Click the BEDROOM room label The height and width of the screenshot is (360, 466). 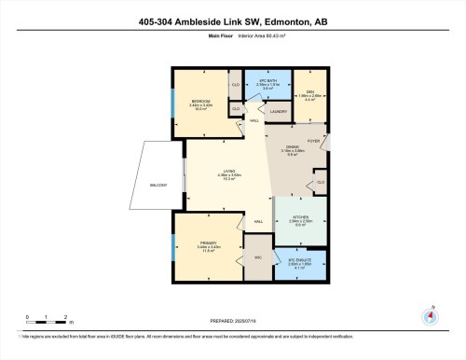[200, 100]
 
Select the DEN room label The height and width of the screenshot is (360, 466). [310, 79]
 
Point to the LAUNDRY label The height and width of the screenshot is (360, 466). [278, 112]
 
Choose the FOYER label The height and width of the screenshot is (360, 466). [314, 143]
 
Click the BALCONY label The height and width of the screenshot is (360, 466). [158, 186]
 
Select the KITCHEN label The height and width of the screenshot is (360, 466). [301, 219]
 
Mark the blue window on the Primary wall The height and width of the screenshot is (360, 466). [173, 247]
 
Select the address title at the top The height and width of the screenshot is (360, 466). [232, 21]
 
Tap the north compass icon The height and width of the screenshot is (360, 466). [431, 314]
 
